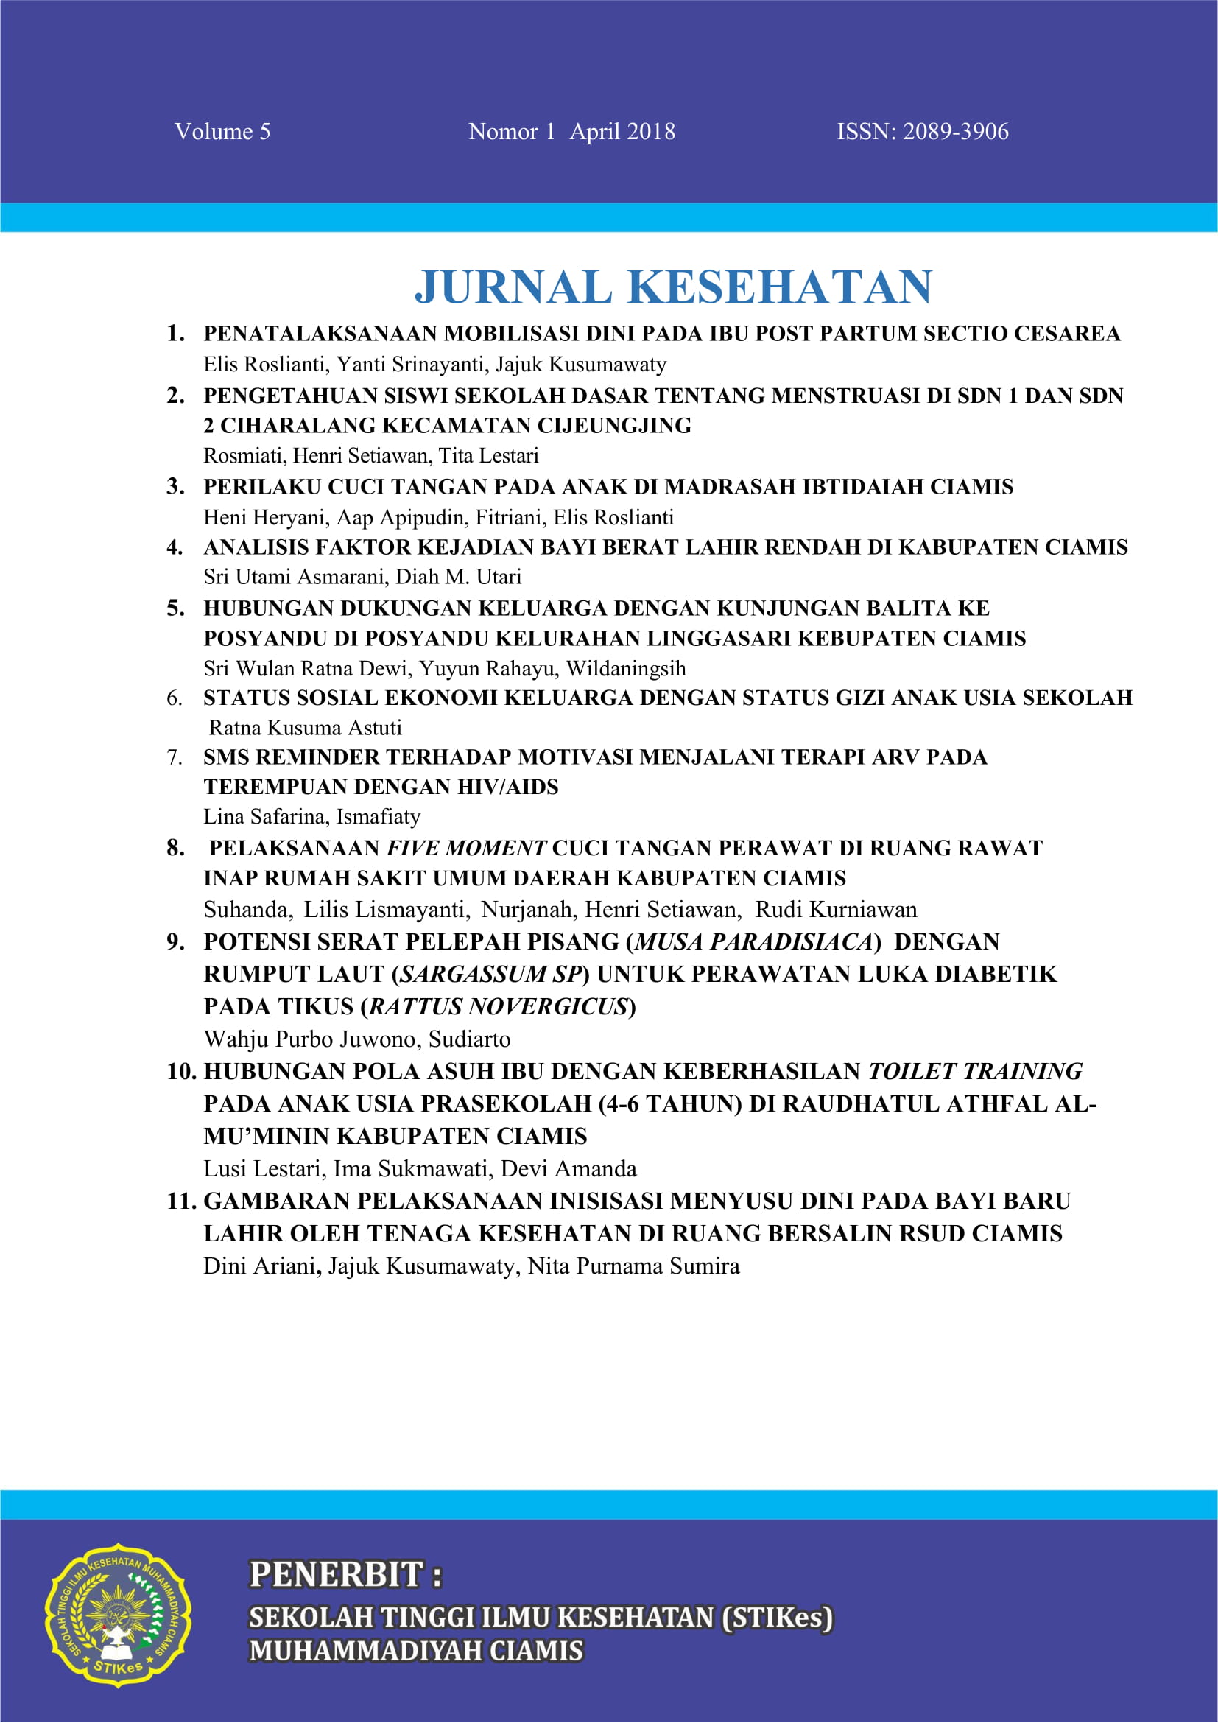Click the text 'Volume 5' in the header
[x=222, y=132]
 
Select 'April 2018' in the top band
[x=622, y=132]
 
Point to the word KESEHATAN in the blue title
[x=779, y=287]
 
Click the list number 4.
[x=175, y=547]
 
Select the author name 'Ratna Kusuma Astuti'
[x=306, y=727]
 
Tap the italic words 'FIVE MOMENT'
[x=465, y=848]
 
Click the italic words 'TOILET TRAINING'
[x=975, y=1071]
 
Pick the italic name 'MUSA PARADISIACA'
[x=754, y=942]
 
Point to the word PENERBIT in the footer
[x=335, y=1574]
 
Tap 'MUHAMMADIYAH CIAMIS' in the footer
[x=416, y=1651]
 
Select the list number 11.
[x=181, y=1201]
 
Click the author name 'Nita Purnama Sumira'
[x=634, y=1267]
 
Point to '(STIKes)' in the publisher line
[x=776, y=1617]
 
